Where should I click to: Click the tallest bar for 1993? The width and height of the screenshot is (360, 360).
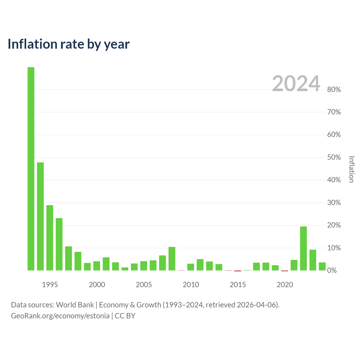[x=31, y=168]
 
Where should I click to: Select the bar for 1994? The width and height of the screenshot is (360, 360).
[x=40, y=216]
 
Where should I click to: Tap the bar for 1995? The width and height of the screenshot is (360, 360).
[x=50, y=238]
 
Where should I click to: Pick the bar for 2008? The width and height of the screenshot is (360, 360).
[x=172, y=258]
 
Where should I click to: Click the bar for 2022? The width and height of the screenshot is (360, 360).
[x=303, y=248]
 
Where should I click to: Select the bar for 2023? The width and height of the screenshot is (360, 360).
[x=313, y=260]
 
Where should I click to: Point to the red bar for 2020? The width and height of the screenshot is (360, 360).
[x=285, y=271]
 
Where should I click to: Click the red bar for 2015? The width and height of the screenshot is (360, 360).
[x=238, y=271]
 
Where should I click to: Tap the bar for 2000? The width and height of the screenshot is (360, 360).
[x=97, y=266]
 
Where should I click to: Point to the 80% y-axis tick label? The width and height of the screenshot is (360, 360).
[x=334, y=89]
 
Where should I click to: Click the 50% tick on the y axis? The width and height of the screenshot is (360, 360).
[x=334, y=157]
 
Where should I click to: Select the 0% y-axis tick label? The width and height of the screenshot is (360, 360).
[x=332, y=270]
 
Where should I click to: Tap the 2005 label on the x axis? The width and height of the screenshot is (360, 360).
[x=144, y=285]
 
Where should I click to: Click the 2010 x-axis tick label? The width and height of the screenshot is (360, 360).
[x=191, y=285]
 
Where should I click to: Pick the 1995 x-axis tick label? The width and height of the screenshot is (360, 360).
[x=50, y=285]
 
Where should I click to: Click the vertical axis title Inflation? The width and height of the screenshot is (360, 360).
[x=351, y=169]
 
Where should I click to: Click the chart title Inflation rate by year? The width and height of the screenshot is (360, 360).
[x=69, y=44]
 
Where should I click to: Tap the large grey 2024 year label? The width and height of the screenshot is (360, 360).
[x=296, y=83]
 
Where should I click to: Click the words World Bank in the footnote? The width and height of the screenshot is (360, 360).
[x=75, y=305]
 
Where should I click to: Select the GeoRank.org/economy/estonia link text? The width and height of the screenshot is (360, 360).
[x=60, y=316]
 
